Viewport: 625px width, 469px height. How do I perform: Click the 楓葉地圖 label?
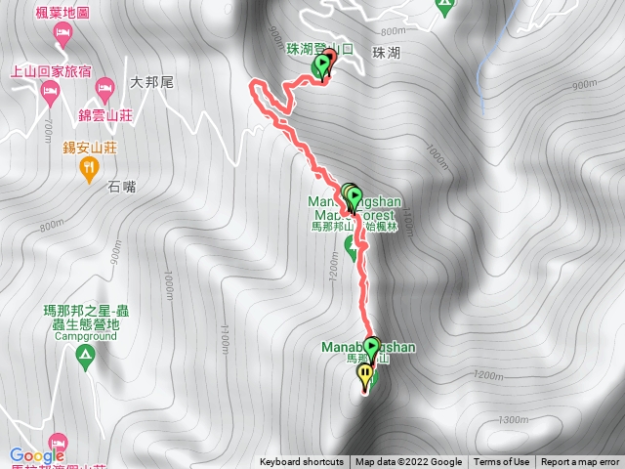[63, 14]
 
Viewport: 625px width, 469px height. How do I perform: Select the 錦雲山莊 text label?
[106, 113]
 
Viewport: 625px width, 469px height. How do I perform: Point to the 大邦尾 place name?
[151, 83]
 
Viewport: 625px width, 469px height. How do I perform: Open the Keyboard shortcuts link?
[302, 462]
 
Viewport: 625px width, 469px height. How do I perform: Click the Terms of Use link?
[502, 462]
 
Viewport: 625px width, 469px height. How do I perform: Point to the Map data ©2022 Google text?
[408, 462]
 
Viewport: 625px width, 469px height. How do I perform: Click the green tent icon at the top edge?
[445, 5]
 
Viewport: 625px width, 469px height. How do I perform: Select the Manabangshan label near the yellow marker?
[368, 347]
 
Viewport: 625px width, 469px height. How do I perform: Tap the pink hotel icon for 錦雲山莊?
[104, 91]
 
